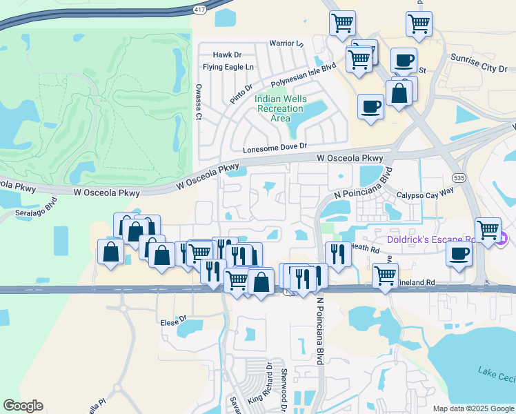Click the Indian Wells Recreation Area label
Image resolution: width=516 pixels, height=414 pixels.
pos(280,108)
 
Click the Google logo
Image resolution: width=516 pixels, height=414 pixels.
pos(23,406)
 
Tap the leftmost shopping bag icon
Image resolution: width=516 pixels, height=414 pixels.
pos(111,253)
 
